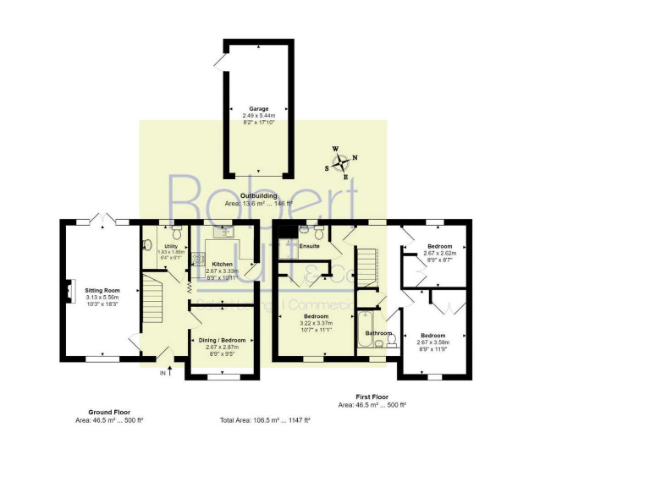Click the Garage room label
click(x=258, y=109)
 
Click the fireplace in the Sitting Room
click(x=66, y=290)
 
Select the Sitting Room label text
click(x=101, y=290)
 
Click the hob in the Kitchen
click(x=198, y=259)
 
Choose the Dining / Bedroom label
click(x=223, y=340)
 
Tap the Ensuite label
click(x=309, y=245)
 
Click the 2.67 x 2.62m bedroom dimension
click(x=439, y=253)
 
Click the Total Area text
click(x=265, y=420)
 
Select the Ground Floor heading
click(x=108, y=411)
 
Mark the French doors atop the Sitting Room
click(x=102, y=222)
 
